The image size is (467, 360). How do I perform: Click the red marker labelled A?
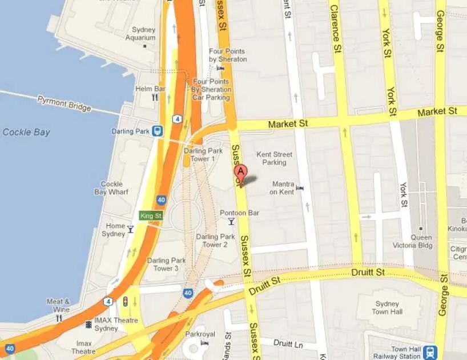(x=241, y=173)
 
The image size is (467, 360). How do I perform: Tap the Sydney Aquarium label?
(x=143, y=34)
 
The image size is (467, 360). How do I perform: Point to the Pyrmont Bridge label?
(x=64, y=103)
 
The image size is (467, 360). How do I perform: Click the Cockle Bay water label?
(x=26, y=132)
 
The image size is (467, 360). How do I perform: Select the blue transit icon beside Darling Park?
(x=158, y=131)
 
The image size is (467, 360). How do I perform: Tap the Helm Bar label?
(x=151, y=89)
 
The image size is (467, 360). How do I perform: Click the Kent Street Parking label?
(x=274, y=158)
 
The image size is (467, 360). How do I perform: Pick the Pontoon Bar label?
(x=240, y=213)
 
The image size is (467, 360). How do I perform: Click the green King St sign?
(x=151, y=215)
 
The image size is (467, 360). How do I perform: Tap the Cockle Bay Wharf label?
(x=111, y=188)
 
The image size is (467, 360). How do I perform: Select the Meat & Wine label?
(x=58, y=306)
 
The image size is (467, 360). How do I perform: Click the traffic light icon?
(x=125, y=301)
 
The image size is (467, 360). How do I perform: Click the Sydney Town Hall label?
(x=388, y=307)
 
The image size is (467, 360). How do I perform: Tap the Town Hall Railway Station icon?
(x=430, y=352)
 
